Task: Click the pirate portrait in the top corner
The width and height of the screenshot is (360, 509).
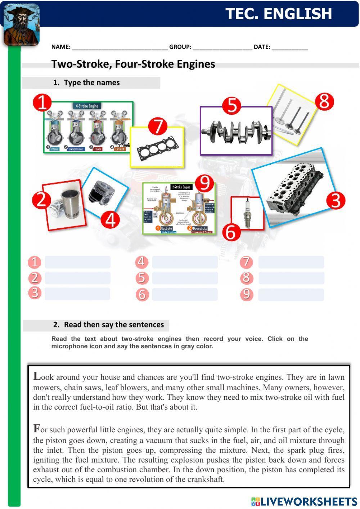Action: click(x=21, y=24)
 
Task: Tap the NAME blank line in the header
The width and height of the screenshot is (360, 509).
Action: click(x=120, y=47)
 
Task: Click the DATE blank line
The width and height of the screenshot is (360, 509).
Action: click(x=290, y=47)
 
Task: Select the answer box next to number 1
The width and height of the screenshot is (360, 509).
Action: click(x=77, y=262)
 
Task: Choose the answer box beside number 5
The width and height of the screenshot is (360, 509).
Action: click(x=185, y=278)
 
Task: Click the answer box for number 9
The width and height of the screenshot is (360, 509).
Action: click(x=291, y=295)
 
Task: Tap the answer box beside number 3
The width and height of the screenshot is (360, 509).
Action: click(x=77, y=294)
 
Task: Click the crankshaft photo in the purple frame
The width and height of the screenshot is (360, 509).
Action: click(x=236, y=131)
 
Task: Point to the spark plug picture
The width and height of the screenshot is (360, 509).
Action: click(x=247, y=213)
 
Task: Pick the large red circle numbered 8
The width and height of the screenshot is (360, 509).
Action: click(x=324, y=102)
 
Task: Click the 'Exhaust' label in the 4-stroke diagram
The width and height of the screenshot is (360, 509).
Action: click(x=120, y=149)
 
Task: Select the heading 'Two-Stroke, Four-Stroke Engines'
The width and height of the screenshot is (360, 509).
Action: click(x=133, y=64)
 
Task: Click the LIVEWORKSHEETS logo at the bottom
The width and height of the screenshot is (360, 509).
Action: click(x=304, y=501)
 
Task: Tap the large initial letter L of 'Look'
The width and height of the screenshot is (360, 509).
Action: click(x=37, y=376)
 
